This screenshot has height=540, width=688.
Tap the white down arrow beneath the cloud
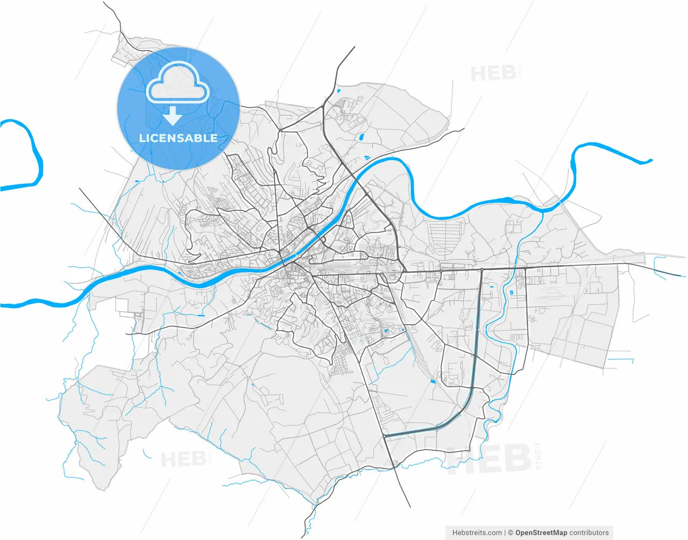(172, 116)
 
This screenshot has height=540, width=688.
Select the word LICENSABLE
(178, 138)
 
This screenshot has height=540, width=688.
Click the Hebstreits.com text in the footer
(477, 532)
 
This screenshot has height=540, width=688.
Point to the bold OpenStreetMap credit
(541, 532)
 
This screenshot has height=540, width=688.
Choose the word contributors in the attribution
(589, 532)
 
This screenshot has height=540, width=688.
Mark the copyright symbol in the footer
(511, 532)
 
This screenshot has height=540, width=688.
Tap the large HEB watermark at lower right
(489, 459)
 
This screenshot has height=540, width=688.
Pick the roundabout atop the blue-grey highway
(482, 269)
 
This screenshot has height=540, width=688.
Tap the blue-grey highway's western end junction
(385, 436)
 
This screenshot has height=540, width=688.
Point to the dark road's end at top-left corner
(104, 3)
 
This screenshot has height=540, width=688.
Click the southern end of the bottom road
(410, 506)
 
